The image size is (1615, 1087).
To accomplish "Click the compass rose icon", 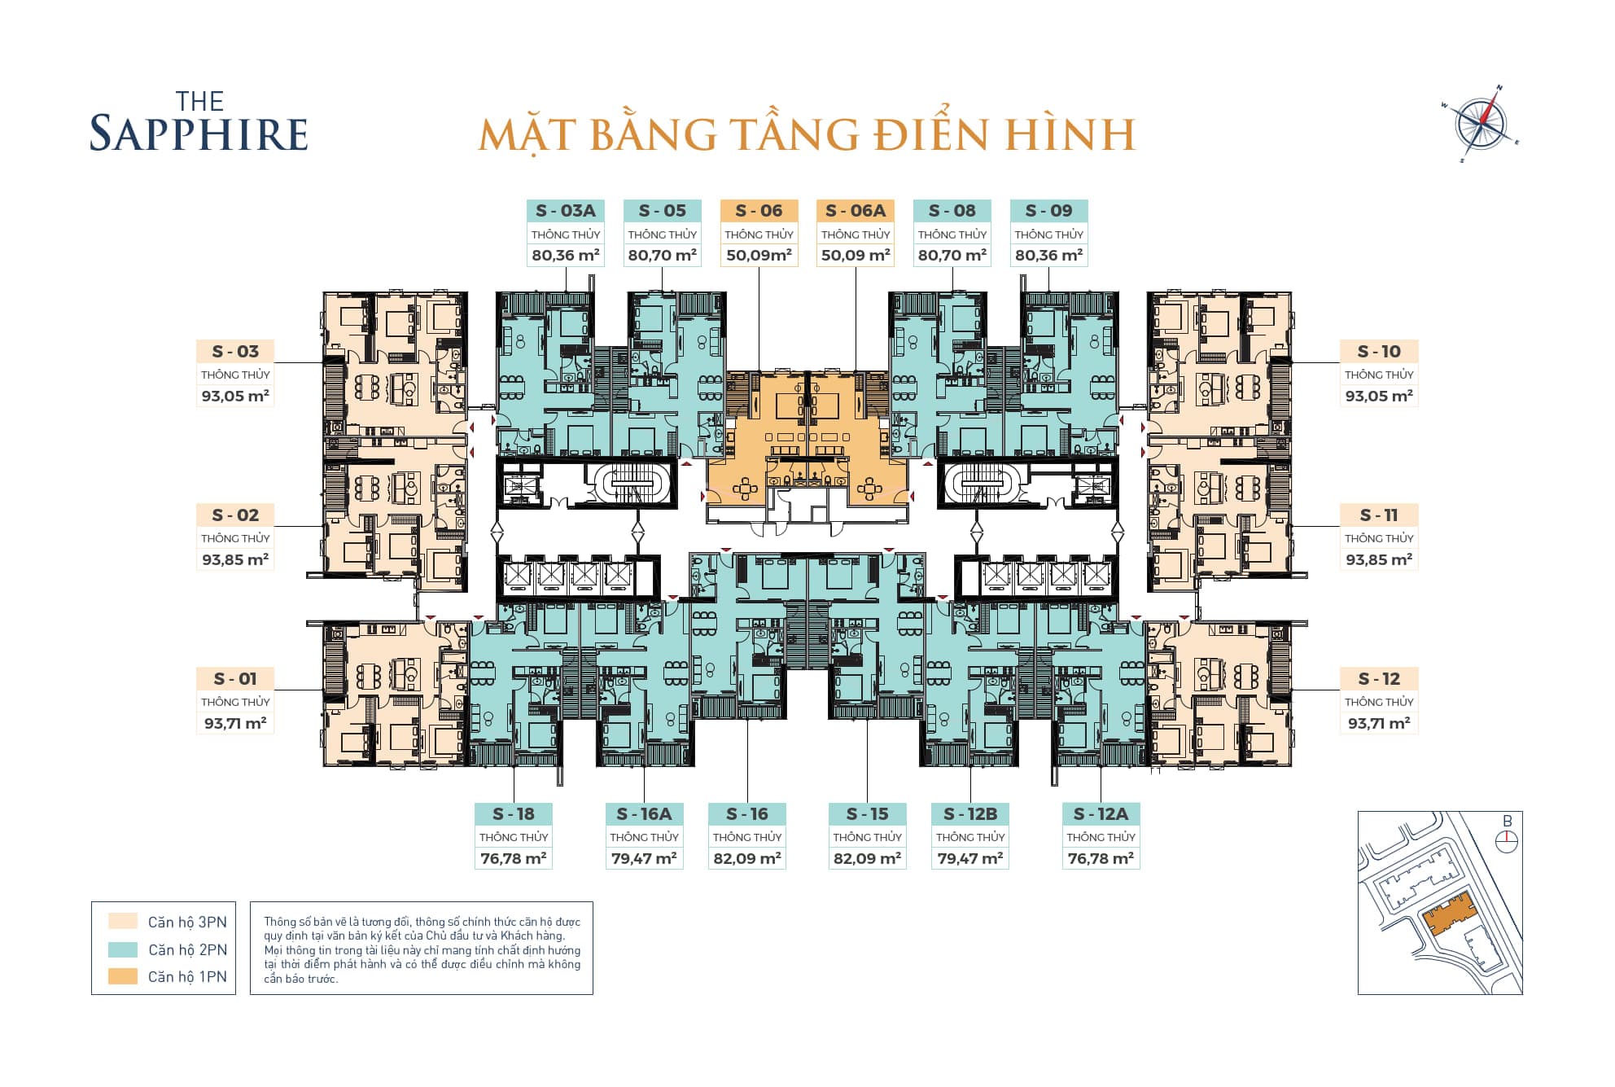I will [x=1481, y=125].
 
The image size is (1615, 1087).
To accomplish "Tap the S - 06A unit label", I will [x=855, y=211].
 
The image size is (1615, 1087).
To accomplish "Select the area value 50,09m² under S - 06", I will [x=759, y=255].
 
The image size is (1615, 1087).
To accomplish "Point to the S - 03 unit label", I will [x=235, y=352].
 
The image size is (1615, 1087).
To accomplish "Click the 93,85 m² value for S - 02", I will [x=235, y=559].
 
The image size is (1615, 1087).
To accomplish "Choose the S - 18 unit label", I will [x=514, y=813].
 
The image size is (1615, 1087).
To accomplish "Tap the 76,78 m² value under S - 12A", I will [x=1101, y=858].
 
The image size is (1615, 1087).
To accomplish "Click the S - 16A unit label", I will [x=644, y=813].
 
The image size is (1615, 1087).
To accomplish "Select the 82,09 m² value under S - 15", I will [x=867, y=858].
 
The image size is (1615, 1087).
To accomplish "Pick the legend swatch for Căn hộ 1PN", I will [x=123, y=976].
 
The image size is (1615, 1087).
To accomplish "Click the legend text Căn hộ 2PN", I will [x=187, y=949].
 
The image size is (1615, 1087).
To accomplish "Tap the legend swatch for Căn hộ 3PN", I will [x=123, y=922].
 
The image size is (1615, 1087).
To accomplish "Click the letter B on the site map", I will [x=1507, y=822].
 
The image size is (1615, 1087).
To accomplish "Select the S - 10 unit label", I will [x=1378, y=352].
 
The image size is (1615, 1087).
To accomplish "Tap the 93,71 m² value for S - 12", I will [x=1378, y=723].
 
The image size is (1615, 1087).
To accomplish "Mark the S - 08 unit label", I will [x=952, y=211].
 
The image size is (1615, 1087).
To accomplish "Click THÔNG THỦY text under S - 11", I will [x=1378, y=538].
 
